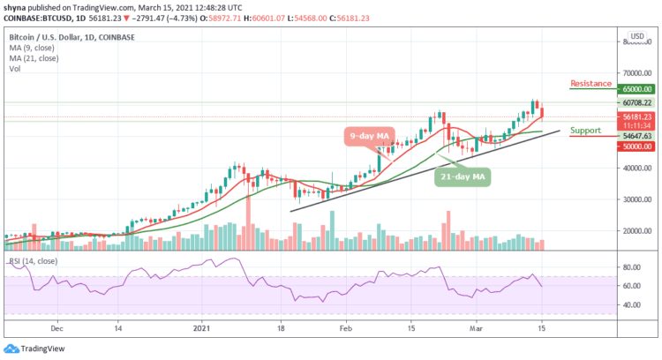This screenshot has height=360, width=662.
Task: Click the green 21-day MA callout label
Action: coord(463,176)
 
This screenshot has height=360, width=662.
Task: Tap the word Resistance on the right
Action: coord(591,84)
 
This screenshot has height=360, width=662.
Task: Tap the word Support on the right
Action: coord(585,131)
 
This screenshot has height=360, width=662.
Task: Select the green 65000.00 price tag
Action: coord(635,89)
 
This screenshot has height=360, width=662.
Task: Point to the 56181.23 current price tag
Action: coord(635,116)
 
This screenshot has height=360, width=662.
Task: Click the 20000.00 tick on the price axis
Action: coord(635,231)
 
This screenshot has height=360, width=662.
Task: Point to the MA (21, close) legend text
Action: coord(32,57)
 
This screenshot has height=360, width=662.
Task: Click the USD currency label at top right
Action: coord(634,39)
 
